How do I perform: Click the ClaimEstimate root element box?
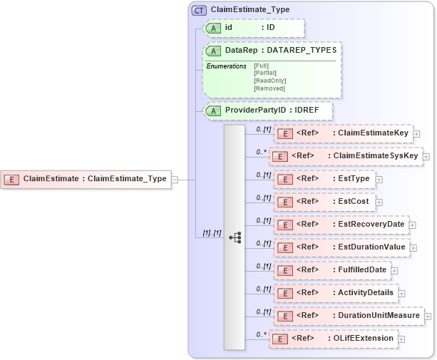(86, 179)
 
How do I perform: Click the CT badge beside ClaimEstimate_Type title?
(199, 10)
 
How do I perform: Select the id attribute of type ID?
(254, 28)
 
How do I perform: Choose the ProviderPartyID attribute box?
(268, 111)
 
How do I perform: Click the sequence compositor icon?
(235, 238)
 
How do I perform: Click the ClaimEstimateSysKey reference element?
(346, 156)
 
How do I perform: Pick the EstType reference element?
(324, 179)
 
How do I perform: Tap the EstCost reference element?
(324, 202)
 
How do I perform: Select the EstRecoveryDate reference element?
(341, 225)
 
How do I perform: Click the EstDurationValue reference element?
(341, 247)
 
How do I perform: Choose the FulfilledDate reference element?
(331, 270)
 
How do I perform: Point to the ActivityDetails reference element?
(334, 293)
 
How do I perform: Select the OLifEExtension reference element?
(333, 339)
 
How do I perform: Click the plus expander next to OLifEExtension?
(402, 339)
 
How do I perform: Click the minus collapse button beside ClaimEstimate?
(175, 179)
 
